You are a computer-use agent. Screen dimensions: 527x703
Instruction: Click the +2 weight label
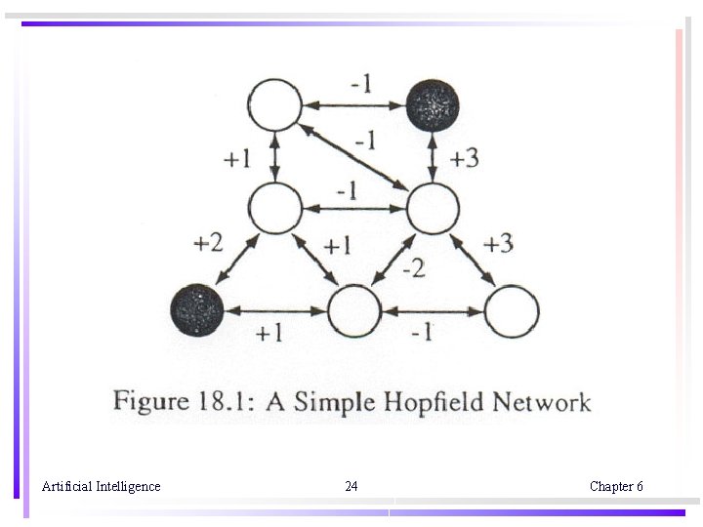pos(208,242)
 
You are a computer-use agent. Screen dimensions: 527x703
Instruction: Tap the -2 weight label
pos(413,266)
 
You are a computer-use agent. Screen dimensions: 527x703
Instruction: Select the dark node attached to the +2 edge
pos(197,310)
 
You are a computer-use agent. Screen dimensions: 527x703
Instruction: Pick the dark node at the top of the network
pos(433,102)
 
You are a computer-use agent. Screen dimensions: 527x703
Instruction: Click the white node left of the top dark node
pos(275,103)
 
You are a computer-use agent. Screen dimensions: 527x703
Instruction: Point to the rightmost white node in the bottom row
pos(512,311)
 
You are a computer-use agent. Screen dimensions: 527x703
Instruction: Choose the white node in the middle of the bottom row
pos(353,311)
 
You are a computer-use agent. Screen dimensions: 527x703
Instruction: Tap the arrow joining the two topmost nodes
pos(353,102)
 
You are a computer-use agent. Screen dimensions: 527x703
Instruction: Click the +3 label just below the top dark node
pos(464,157)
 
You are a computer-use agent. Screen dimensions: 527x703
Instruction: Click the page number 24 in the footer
pos(351,486)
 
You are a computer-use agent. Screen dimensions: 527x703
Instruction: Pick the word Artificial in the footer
pos(66,486)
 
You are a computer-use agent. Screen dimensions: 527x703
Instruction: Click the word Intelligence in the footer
pos(128,486)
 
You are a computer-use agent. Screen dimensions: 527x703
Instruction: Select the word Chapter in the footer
pos(610,486)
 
